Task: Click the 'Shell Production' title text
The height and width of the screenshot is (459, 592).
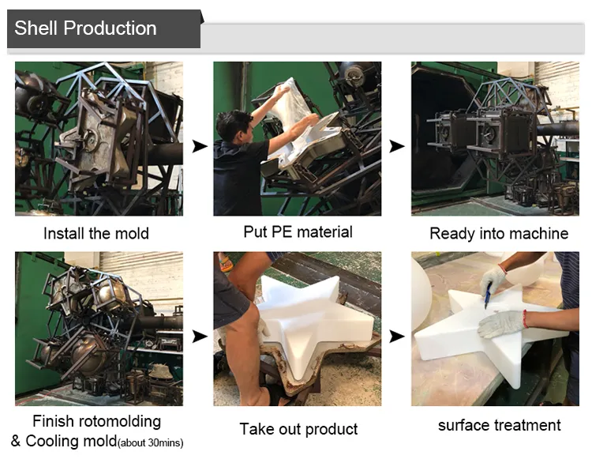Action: point(85,28)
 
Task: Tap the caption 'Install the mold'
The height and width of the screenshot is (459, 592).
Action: point(96,234)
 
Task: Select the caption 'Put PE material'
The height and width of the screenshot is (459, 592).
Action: point(298,232)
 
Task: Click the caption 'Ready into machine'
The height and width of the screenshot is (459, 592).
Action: point(499,234)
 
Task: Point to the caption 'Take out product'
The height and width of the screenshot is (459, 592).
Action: point(298,429)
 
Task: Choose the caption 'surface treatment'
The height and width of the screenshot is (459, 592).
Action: point(499,425)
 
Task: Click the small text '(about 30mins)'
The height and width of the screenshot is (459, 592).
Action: point(150,442)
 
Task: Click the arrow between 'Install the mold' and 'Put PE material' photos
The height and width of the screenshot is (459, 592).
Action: point(200,146)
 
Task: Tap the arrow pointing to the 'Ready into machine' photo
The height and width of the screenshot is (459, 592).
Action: point(397,146)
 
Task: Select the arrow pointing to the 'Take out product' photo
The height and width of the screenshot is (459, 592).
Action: point(200,337)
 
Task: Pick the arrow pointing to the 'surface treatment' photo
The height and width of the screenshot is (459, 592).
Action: point(397,337)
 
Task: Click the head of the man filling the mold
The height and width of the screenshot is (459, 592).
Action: point(234,126)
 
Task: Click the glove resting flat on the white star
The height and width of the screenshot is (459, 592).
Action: point(502,323)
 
